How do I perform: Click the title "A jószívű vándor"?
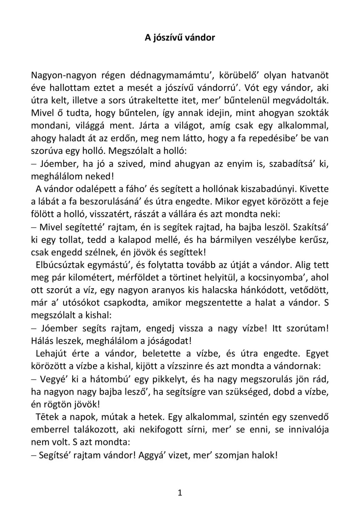(180, 37)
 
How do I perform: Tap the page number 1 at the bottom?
(180, 493)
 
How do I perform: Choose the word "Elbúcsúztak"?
(60, 265)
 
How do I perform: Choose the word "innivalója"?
(309, 429)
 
